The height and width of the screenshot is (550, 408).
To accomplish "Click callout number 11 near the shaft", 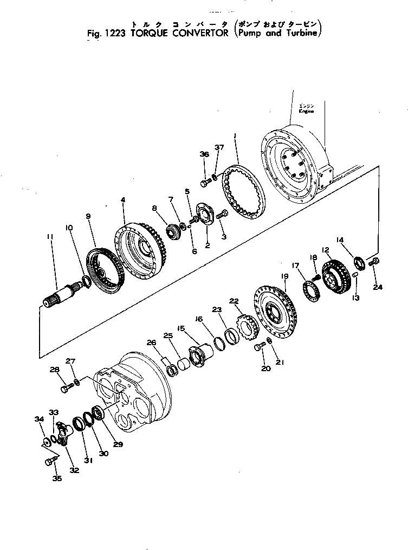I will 50,237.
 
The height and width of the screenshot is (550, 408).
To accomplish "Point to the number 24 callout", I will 378,287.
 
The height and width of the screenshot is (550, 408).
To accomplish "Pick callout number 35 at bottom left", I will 57,478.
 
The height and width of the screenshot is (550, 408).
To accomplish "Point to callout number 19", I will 284,276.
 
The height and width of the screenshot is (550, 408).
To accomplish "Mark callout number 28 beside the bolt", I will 54,370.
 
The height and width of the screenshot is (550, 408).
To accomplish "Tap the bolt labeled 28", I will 66,388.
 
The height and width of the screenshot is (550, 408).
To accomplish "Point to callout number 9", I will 89,216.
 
